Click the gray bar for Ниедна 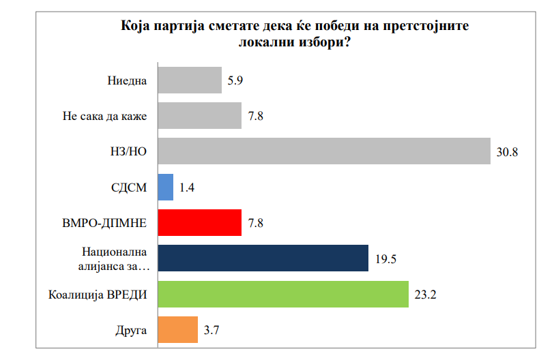coord(190,80)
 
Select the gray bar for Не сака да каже coord(200,115)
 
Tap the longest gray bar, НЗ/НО coord(324,151)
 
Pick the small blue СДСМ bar coord(166,187)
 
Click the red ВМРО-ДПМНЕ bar coord(200,222)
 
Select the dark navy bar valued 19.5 coord(263,258)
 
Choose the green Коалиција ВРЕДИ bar coord(283,294)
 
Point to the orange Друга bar coord(178,329)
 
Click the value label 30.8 coord(507,152)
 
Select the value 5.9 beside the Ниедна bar coord(236,80)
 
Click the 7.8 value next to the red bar coord(256,223)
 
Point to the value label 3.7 coord(212,330)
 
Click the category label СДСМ coord(128,187)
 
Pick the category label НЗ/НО coord(129,151)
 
